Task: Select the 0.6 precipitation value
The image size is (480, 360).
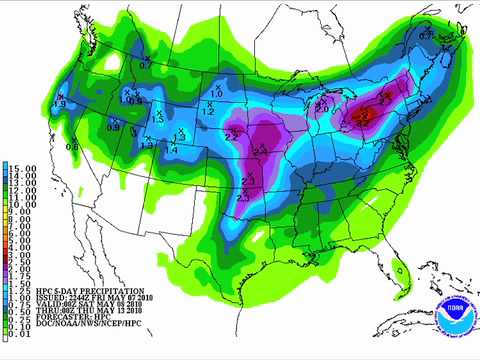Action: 74,146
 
